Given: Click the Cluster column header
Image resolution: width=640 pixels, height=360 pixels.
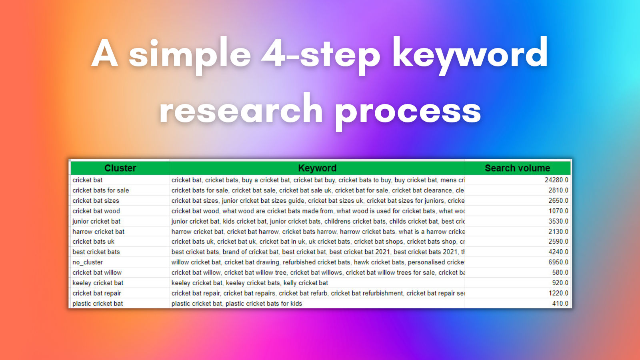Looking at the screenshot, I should [120, 168].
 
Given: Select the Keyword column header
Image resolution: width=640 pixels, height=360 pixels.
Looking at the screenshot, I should [317, 168].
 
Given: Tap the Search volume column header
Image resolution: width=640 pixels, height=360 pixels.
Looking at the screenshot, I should [517, 168].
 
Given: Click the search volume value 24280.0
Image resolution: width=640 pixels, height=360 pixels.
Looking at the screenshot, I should [556, 180].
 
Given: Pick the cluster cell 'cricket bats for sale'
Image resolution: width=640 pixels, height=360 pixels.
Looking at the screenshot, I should [101, 190].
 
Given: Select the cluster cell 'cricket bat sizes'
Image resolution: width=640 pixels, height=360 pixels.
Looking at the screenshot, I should [96, 201].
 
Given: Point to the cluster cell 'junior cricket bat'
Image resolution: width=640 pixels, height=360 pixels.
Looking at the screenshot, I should [96, 221].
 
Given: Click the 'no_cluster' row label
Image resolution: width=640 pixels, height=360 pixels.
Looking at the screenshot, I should [88, 262].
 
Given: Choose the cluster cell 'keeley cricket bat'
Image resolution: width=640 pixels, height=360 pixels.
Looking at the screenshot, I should [98, 283].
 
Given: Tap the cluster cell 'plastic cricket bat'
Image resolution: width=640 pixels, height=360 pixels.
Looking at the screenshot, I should [98, 304].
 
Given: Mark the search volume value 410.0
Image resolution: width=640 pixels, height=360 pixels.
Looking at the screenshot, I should [560, 304].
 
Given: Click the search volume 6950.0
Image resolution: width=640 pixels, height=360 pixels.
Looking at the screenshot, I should [558, 262].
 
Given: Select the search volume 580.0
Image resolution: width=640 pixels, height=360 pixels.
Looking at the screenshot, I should [560, 272].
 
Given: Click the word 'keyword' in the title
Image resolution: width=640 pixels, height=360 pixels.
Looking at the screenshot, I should [470, 54].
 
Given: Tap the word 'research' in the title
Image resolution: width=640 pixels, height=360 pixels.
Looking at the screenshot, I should [241, 110].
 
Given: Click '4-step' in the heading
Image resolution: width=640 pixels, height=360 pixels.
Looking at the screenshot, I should [320, 54].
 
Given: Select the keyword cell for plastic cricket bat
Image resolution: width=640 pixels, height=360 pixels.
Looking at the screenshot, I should [237, 304].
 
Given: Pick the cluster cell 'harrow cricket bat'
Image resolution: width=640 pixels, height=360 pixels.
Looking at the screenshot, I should [98, 232].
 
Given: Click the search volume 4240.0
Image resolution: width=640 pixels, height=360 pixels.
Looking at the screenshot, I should [558, 252].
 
